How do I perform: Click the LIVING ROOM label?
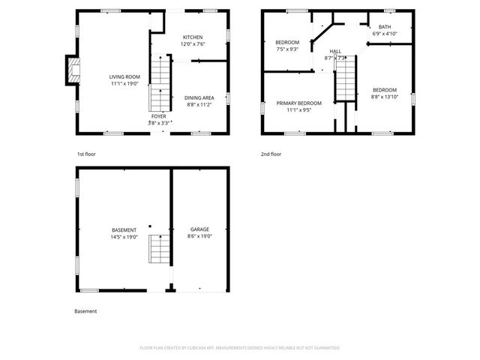pyautogui.click(x=125, y=76)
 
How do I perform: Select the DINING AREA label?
pyautogui.click(x=199, y=97)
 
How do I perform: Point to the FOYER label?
pyautogui.click(x=159, y=116)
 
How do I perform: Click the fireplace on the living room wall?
pyautogui.click(x=71, y=70)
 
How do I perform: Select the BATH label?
pyautogui.click(x=384, y=27)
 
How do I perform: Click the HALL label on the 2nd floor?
pyautogui.click(x=334, y=51)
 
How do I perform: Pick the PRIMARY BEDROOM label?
pyautogui.click(x=298, y=103)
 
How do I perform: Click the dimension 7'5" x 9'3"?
pyautogui.click(x=287, y=49)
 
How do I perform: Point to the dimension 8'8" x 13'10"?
pyautogui.click(x=384, y=96)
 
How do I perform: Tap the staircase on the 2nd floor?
pyautogui.click(x=344, y=78)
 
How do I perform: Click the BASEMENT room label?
pyautogui.click(x=124, y=230)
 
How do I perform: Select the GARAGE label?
pyautogui.click(x=199, y=229)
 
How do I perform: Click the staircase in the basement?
pyautogui.click(x=158, y=247)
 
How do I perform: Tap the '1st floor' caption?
pyautogui.click(x=86, y=154)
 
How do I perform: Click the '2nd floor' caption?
pyautogui.click(x=271, y=154)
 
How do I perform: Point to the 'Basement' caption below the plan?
pyautogui.click(x=85, y=311)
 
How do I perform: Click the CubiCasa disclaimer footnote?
pyautogui.click(x=240, y=348)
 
